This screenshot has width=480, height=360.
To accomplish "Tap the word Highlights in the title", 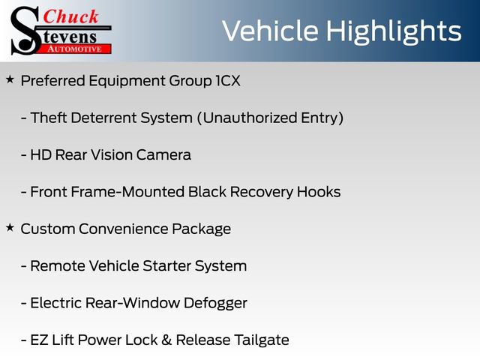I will coord(394,31).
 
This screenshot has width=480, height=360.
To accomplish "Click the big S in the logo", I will coord(25,30).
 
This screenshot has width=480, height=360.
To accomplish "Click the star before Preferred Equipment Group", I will coord(10,79).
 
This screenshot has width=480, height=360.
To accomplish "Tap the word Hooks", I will coord(319,191).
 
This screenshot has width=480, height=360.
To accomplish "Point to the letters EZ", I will coord(38,339).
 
